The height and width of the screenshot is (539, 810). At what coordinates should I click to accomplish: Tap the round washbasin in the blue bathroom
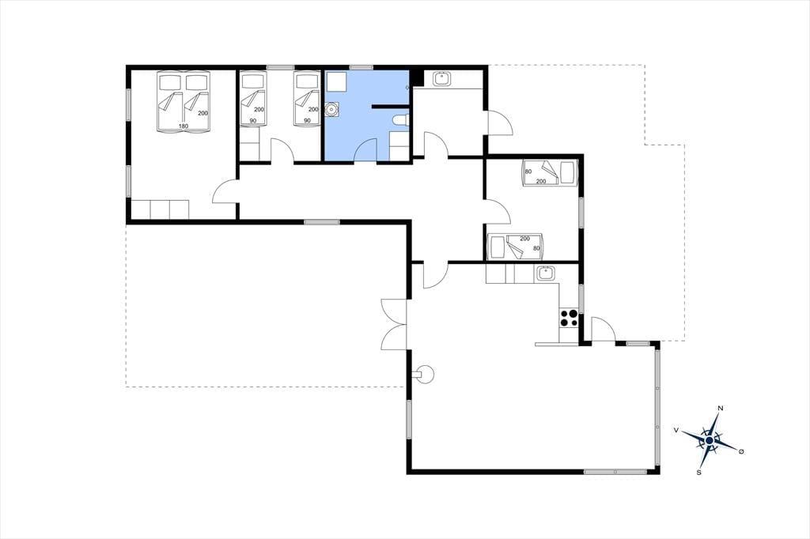click(331, 109)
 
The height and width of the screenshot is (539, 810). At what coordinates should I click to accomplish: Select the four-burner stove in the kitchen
click(570, 318)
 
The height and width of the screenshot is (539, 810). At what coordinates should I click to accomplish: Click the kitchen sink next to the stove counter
click(545, 273)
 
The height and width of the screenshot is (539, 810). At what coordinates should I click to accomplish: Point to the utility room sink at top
click(442, 79)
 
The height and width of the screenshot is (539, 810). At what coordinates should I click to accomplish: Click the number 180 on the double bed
click(184, 126)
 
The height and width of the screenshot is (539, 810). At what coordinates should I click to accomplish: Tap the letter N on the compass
click(721, 409)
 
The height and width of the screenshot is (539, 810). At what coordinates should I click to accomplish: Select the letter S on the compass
click(699, 472)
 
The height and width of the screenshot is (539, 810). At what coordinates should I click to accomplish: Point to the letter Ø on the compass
click(741, 452)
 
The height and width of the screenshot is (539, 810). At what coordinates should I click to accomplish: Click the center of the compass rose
click(710, 440)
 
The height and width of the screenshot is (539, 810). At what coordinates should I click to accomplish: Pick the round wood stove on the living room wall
click(426, 373)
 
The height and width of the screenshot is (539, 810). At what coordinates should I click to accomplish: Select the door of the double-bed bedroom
click(225, 191)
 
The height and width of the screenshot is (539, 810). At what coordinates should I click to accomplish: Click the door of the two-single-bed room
click(282, 151)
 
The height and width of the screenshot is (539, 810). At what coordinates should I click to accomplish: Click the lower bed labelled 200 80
click(516, 247)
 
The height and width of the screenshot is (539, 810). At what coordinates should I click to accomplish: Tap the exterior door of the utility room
click(499, 122)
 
